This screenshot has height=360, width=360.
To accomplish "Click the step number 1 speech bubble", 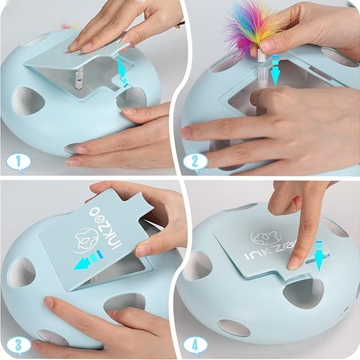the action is [18, 163].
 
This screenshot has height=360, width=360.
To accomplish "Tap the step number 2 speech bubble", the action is [195, 163].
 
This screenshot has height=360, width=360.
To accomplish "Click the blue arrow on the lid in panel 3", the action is [89, 260].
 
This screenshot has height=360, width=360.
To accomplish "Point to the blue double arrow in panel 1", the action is [122, 71].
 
